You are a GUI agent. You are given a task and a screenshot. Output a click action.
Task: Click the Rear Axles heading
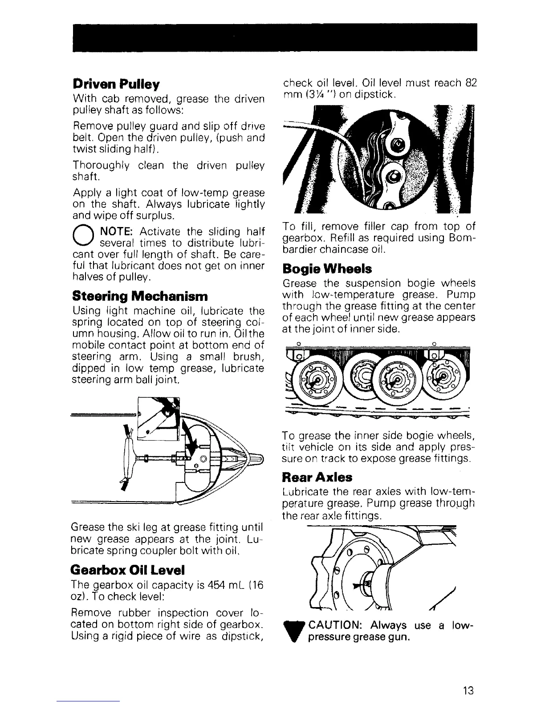(x=317, y=478)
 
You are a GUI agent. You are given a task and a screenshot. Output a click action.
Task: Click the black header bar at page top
(x=272, y=37)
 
